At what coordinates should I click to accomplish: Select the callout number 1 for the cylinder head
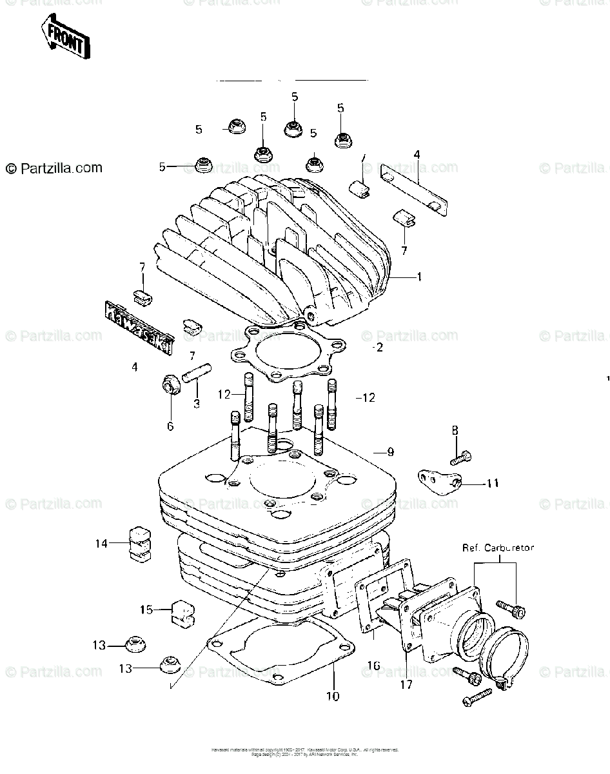[419, 277]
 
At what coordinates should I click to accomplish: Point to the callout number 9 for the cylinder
[390, 452]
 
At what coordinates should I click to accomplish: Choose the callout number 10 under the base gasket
[333, 696]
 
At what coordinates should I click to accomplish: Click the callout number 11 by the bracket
[493, 482]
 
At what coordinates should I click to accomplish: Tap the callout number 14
[102, 543]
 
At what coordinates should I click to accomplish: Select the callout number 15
[146, 609]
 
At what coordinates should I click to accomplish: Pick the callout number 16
[373, 664]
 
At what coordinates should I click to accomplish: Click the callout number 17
[406, 684]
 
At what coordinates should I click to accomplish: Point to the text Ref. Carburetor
[498, 548]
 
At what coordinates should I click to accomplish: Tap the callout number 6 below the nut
[170, 426]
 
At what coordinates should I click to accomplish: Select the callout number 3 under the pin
[196, 404]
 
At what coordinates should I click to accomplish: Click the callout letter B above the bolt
[455, 430]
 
